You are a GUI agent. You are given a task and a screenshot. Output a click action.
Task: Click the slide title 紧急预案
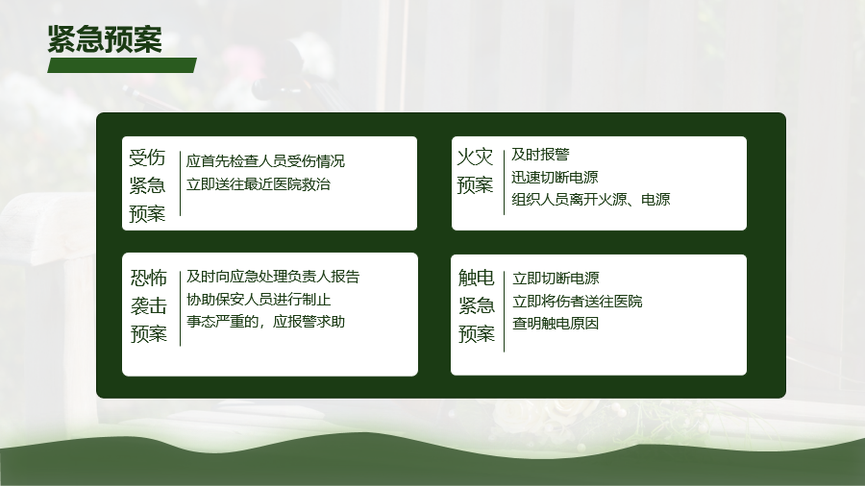105,39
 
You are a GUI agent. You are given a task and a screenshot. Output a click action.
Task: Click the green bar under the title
122,65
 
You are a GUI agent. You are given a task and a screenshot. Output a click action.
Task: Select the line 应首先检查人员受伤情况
265,161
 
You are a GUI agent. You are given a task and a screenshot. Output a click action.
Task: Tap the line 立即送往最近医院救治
259,184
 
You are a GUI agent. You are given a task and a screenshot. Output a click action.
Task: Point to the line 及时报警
540,155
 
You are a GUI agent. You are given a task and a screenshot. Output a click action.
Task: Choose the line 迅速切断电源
555,177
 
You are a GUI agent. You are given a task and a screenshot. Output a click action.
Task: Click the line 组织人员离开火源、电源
591,199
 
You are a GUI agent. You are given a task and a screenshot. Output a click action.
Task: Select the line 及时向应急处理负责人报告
273,276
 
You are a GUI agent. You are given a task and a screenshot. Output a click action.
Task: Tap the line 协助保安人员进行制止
259,300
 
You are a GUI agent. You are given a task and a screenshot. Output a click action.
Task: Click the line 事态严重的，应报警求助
266,321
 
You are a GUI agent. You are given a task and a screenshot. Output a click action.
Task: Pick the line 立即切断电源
556,279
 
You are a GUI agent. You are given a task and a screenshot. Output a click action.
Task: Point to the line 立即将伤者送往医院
578,301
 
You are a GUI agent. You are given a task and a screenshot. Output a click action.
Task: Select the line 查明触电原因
556,323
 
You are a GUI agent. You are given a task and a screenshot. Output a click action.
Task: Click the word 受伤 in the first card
147,158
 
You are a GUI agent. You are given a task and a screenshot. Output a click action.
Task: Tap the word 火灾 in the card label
475,158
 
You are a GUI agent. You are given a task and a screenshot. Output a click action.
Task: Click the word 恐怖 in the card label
148,278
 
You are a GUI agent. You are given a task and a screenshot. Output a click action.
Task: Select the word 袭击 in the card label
148,305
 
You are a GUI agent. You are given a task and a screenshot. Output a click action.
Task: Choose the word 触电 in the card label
477,278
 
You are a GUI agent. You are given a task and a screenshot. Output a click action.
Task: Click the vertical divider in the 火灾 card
504,182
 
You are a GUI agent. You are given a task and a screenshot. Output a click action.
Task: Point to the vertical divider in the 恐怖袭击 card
180,308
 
